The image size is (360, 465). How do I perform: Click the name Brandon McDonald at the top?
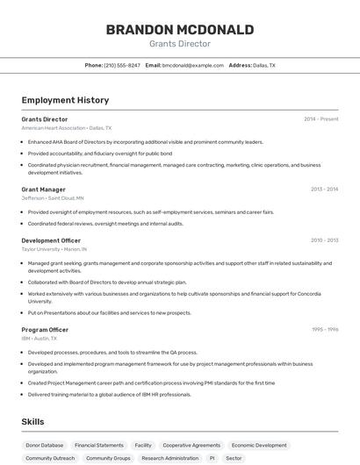(180, 30)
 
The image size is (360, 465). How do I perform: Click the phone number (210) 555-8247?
(122, 65)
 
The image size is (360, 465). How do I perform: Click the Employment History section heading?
(65, 100)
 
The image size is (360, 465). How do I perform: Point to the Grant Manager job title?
(43, 189)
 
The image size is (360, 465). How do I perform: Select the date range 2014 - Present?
(320, 119)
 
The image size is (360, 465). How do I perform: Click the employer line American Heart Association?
(54, 128)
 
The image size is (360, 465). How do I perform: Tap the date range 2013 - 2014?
(324, 189)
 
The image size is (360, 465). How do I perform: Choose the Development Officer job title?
(51, 240)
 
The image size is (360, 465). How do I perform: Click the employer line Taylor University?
(41, 249)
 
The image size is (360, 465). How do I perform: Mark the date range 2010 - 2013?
(324, 240)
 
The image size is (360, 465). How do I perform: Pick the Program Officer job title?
(45, 330)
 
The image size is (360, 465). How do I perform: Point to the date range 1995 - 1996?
(324, 330)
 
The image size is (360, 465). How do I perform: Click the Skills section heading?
(32, 422)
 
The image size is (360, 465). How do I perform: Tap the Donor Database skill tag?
(45, 445)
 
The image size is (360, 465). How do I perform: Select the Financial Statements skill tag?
(99, 445)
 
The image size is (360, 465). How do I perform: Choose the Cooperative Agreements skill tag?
(191, 445)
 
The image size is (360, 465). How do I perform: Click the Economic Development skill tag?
(259, 445)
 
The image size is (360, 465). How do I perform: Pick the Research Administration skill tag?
(170, 458)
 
